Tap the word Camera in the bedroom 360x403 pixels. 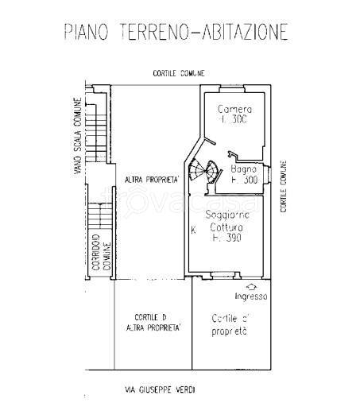click(x=234, y=109)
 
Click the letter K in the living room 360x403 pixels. click(x=193, y=231)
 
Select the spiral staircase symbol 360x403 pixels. click(x=208, y=170)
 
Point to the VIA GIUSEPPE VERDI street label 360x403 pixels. click(x=160, y=389)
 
